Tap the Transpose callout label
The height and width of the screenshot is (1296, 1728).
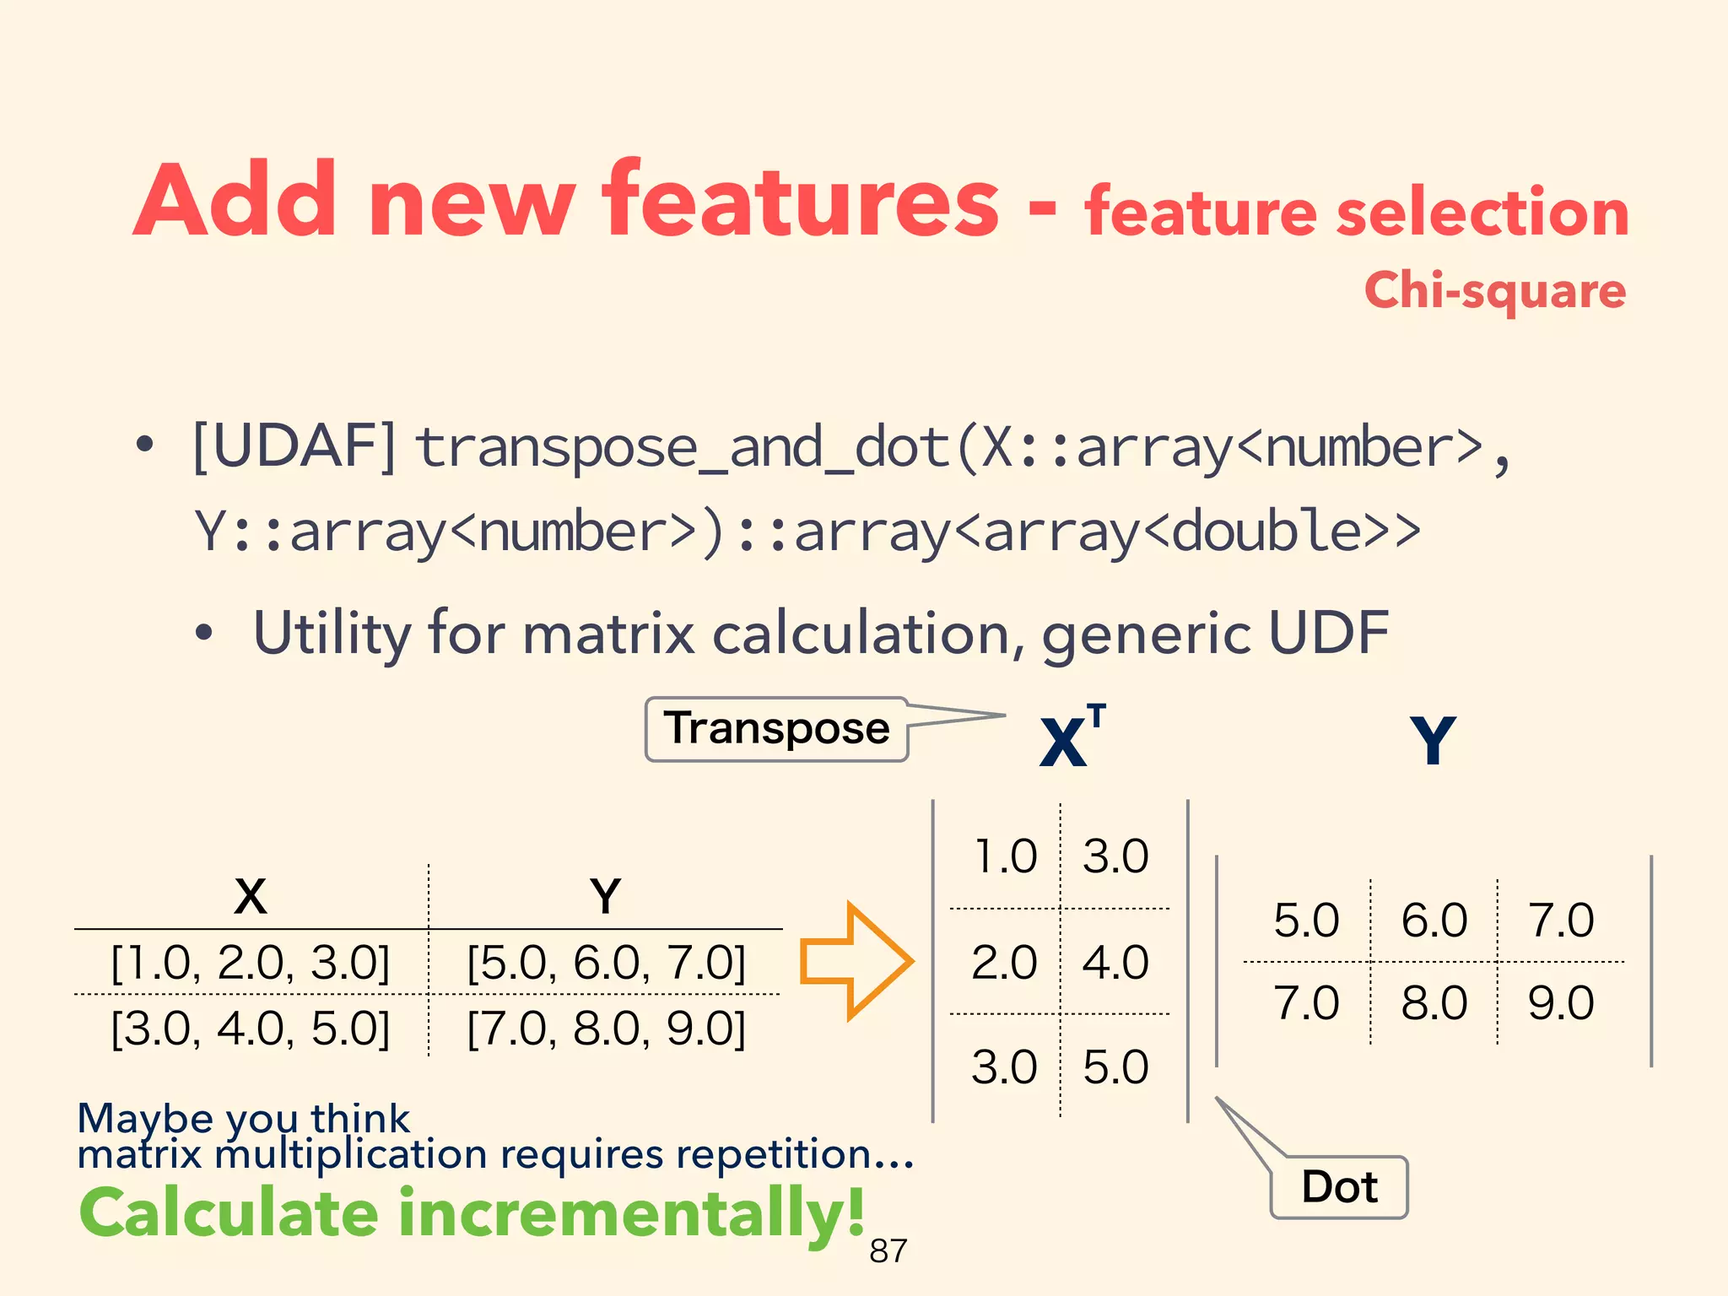[x=776, y=729]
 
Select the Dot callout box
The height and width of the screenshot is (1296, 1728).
[x=1339, y=1187]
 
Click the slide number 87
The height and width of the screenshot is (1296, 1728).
[x=888, y=1251]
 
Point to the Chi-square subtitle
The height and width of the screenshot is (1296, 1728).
[x=1494, y=290]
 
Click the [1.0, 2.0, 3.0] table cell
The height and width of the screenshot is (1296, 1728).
[x=251, y=963]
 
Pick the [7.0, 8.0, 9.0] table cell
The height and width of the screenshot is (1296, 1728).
[x=606, y=1029]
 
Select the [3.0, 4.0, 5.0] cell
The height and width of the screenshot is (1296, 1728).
[x=251, y=1029]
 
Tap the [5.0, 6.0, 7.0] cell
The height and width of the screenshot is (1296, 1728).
[x=606, y=963]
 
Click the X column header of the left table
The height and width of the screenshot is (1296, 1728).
[x=251, y=896]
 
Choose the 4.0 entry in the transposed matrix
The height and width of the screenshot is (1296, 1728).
[x=1115, y=963]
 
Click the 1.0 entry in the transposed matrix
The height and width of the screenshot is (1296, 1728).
[x=1004, y=856]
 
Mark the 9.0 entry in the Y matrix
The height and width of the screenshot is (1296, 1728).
[x=1560, y=1003]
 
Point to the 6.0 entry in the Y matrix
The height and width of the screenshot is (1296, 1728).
[x=1434, y=920]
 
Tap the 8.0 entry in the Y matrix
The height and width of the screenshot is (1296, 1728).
[x=1434, y=1003]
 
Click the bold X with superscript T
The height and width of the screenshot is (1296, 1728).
[x=1070, y=738]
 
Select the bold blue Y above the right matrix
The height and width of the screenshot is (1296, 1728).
[x=1433, y=741]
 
